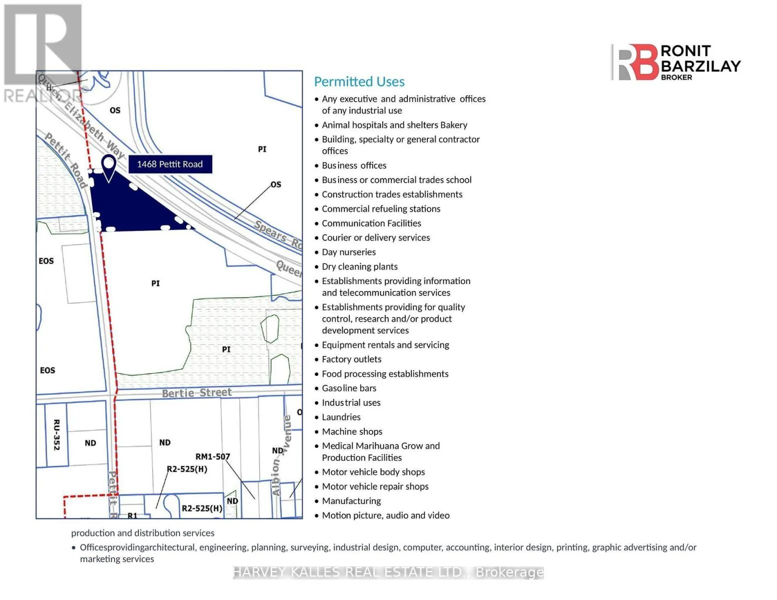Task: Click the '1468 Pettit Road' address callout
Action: (170, 164)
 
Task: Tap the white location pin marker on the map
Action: (109, 168)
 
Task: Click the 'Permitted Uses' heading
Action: (359, 81)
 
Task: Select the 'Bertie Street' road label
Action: (197, 392)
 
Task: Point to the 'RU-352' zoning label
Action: (57, 434)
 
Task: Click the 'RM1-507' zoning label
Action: (213, 456)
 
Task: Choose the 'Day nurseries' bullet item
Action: (349, 252)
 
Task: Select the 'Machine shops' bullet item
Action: (352, 431)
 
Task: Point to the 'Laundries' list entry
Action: (341, 417)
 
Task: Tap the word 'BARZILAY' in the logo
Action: (700, 66)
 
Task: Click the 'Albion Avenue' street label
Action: (282, 455)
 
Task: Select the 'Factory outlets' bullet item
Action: (352, 359)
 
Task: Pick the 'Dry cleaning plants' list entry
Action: (359, 266)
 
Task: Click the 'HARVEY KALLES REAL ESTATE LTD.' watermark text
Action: (349, 572)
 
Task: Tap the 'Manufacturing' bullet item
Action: (351, 501)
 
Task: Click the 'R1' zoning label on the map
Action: (132, 515)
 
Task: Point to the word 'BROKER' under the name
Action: (676, 77)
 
